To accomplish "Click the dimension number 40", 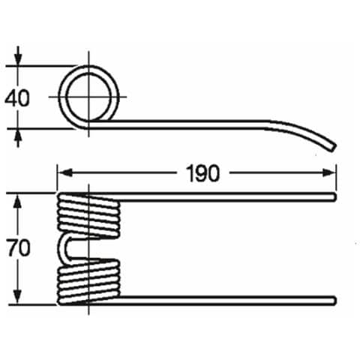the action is (17, 98).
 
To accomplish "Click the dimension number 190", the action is (202, 173).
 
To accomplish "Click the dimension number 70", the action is (18, 248).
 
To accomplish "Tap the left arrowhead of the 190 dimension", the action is (65, 172).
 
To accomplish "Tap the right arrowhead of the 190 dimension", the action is (328, 172).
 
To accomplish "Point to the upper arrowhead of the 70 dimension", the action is (17, 202).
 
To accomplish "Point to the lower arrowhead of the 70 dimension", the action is (17, 296).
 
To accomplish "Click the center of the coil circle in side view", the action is (88, 97).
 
